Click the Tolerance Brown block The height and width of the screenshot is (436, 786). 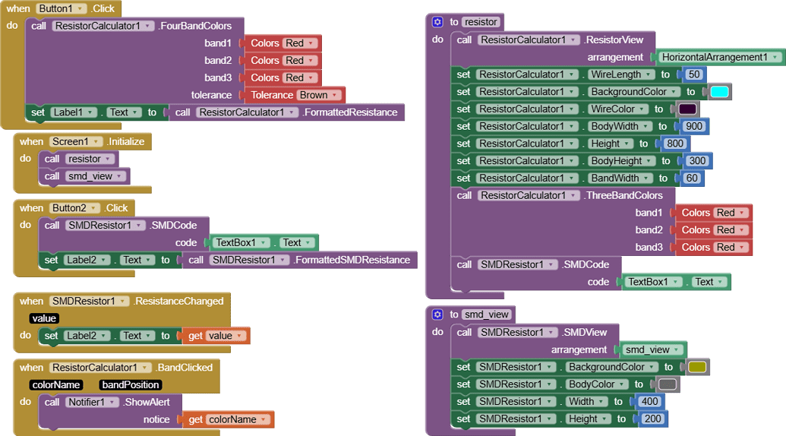tap(292, 95)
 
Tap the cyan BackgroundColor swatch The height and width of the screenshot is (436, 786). tap(718, 92)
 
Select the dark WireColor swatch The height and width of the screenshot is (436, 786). tap(687, 109)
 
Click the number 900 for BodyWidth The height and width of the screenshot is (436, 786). tap(693, 126)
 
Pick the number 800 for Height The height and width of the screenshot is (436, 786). tap(674, 144)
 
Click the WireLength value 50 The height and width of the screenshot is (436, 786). tap(693, 74)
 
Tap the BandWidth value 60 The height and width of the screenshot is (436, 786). tap(691, 179)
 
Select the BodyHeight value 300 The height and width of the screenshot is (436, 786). tap(697, 161)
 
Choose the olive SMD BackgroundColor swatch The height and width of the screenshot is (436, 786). tap(696, 367)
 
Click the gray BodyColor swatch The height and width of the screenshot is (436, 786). tap(667, 384)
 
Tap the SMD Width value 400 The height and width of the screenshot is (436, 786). tap(649, 402)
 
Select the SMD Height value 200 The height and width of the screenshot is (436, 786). tap(652, 419)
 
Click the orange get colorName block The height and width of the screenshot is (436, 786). tap(228, 419)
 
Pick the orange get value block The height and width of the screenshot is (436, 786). tap(216, 336)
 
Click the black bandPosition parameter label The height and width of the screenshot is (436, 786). tap(130, 385)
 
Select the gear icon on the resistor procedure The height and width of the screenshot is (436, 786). tap(437, 22)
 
